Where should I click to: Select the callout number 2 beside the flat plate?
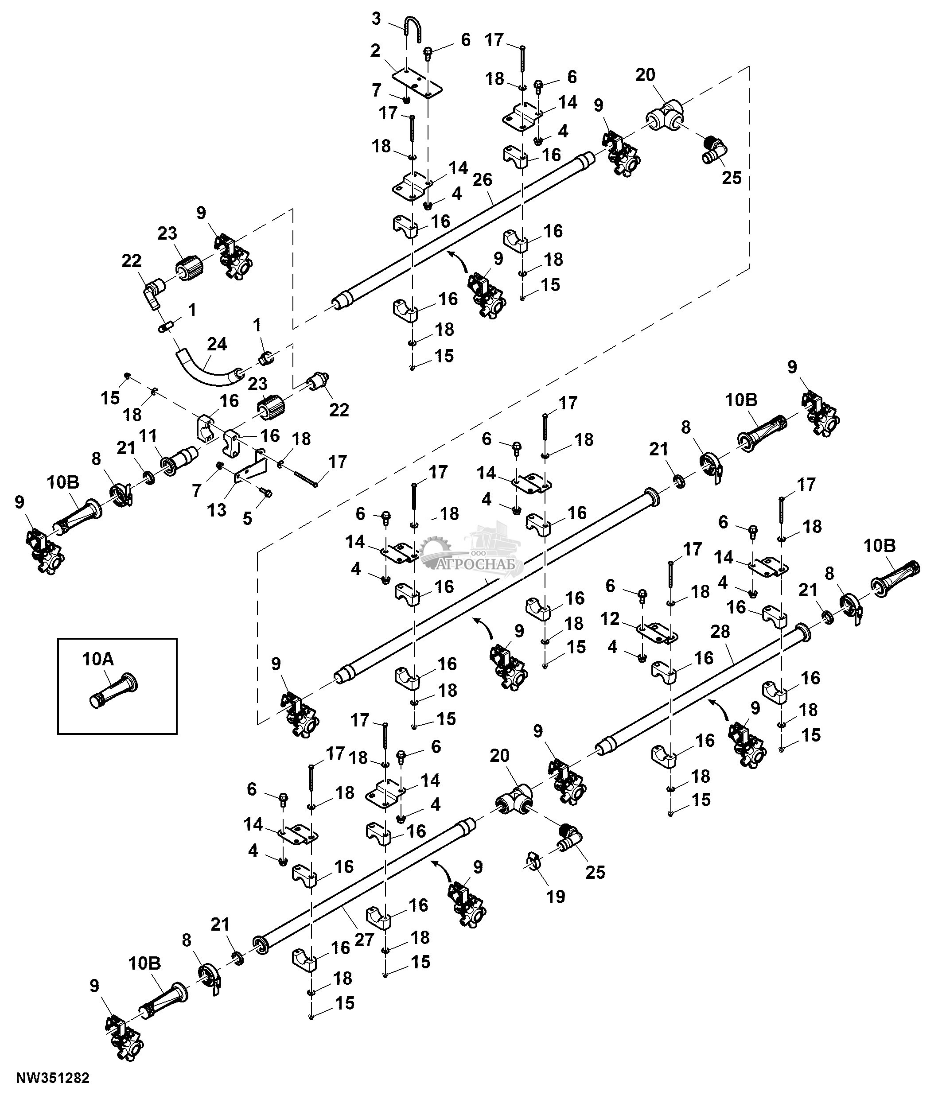[376, 51]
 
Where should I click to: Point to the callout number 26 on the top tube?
[482, 180]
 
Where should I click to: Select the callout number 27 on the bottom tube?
[364, 939]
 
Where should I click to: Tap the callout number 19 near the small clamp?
[556, 897]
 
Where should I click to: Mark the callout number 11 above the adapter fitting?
[148, 436]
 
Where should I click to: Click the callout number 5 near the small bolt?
[247, 518]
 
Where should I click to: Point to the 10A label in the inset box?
[98, 659]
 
